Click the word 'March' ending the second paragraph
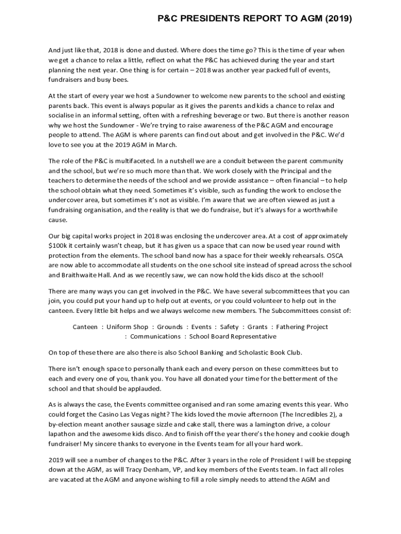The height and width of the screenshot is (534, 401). pyautogui.click(x=166, y=144)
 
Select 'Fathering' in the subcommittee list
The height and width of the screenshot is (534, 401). pyautogui.click(x=292, y=327)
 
